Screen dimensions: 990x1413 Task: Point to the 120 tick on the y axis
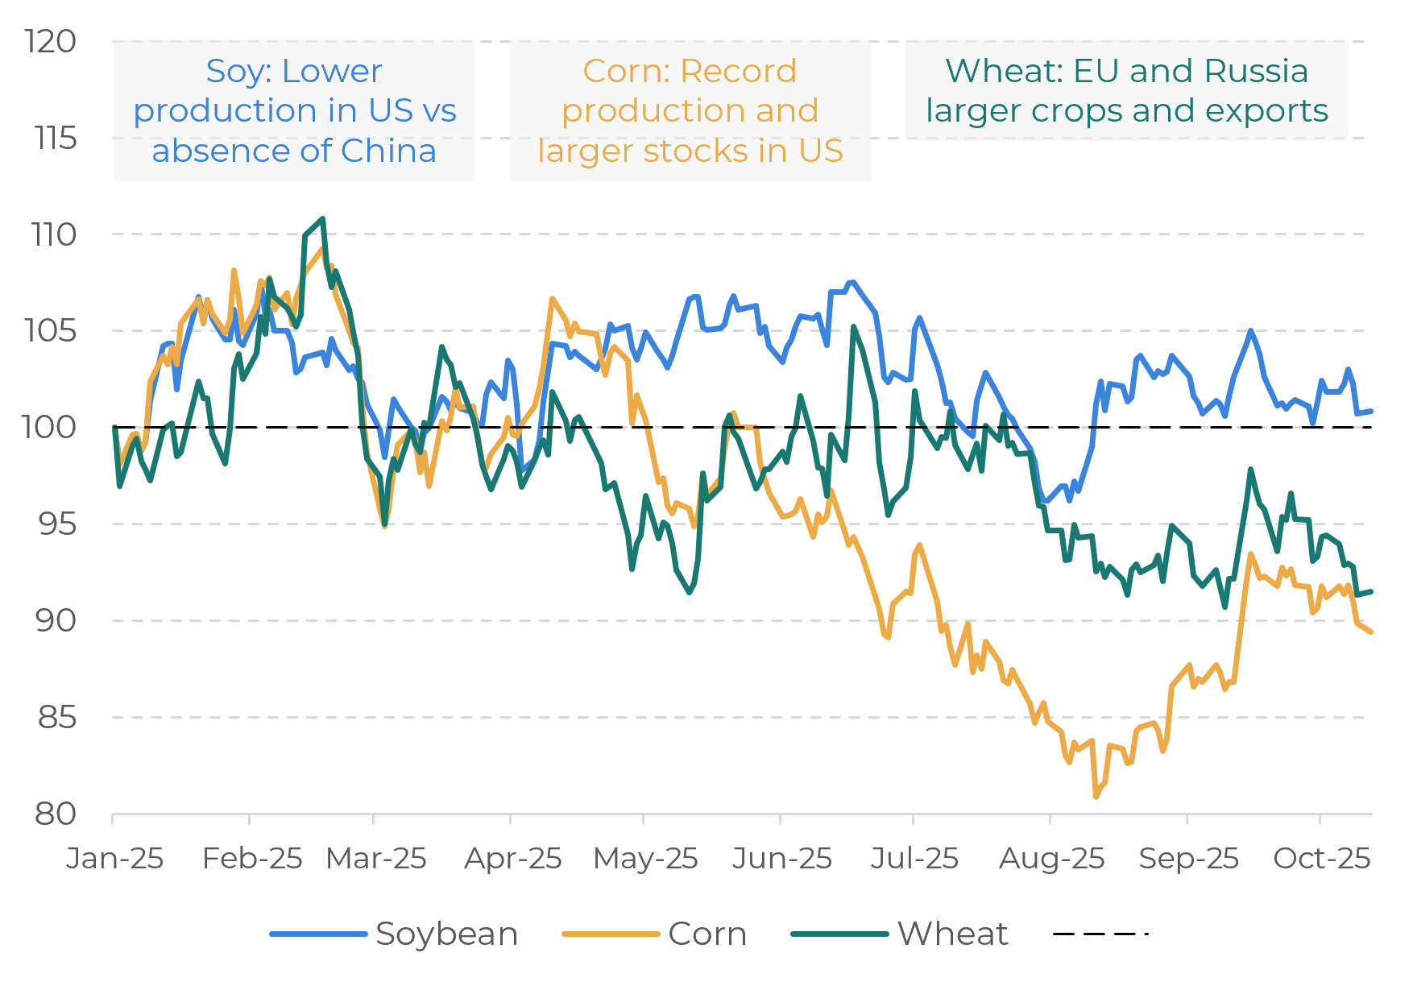(51, 41)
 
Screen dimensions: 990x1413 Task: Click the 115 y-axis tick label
(56, 139)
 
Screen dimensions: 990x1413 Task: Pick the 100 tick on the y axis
(49, 427)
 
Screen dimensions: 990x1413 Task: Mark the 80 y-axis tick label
(56, 814)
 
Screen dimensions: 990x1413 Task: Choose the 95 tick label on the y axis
(56, 524)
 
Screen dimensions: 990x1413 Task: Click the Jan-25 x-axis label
(114, 859)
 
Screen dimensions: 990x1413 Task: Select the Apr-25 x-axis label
(512, 859)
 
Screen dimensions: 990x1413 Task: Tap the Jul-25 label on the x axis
(914, 859)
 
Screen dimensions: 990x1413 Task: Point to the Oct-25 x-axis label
(1321, 859)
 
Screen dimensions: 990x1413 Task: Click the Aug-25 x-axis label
(1051, 859)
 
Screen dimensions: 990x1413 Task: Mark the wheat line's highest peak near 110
(323, 218)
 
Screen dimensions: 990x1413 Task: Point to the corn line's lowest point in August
(1096, 797)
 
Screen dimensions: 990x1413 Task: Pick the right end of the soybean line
(1371, 411)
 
